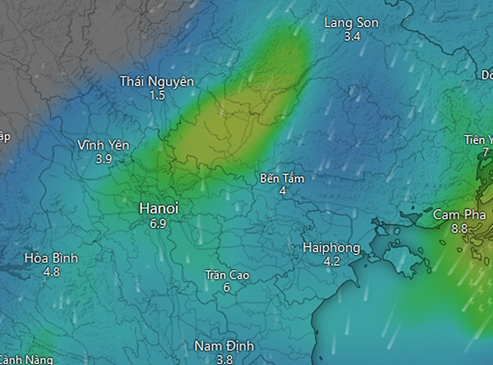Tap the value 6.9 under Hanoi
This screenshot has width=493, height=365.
[x=158, y=223]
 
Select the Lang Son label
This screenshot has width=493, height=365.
[x=352, y=23]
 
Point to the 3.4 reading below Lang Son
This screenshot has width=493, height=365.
[x=352, y=37]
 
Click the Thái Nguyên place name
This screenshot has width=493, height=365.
[x=157, y=81]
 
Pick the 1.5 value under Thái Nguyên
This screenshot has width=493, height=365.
[x=157, y=95]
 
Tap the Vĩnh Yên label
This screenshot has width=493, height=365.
[x=104, y=145]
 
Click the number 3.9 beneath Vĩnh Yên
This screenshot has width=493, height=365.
[x=104, y=159]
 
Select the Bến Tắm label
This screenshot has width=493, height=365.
[x=282, y=177]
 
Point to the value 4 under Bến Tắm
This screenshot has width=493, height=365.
[x=282, y=191]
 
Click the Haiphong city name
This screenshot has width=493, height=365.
[x=331, y=248]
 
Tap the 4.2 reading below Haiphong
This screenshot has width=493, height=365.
[x=331, y=262]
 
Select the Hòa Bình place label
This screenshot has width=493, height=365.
[x=51, y=258]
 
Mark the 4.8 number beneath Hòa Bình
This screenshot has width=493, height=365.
[x=51, y=271]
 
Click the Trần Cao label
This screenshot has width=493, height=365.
[x=227, y=274]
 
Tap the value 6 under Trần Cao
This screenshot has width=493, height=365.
[x=227, y=288]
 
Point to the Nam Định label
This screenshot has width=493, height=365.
[x=225, y=345]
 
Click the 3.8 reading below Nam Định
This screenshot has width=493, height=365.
[x=225, y=359]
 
